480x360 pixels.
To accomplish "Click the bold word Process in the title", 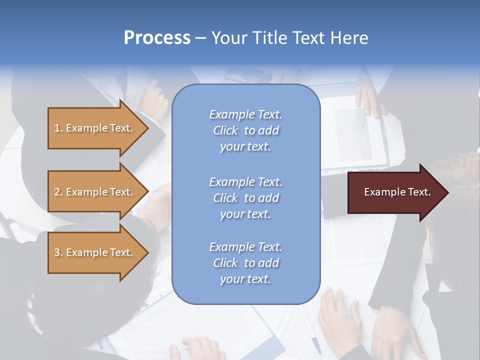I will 157,38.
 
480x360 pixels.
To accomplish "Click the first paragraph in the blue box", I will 245,130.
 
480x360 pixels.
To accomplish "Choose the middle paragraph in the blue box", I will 245,197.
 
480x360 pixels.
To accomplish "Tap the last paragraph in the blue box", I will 245,263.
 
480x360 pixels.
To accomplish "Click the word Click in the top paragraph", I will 225,130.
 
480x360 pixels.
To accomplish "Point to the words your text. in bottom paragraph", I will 245,279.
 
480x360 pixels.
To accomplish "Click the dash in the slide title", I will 201,38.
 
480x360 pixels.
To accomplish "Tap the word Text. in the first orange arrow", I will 121,128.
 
